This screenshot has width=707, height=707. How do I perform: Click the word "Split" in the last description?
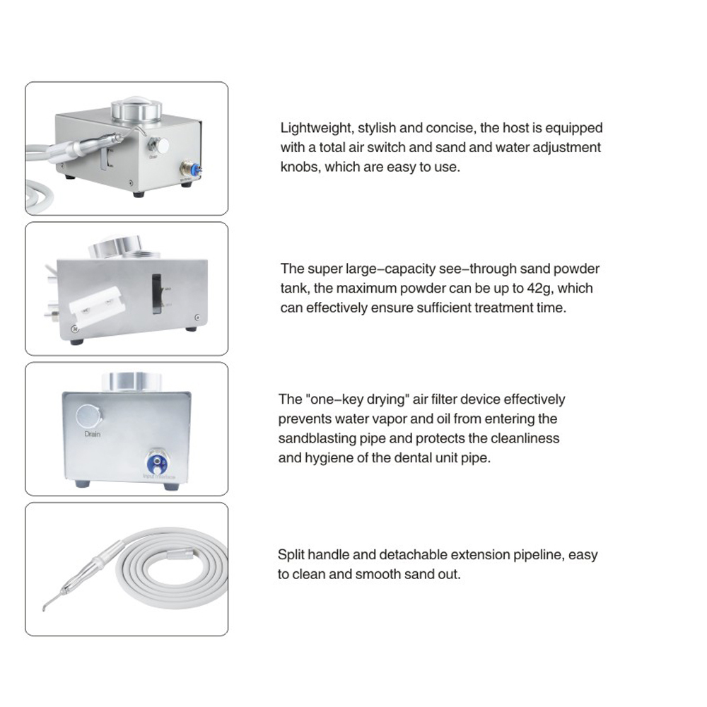click(x=291, y=555)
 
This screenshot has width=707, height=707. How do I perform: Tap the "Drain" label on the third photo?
click(x=92, y=433)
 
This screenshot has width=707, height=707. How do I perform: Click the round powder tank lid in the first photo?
click(x=136, y=112)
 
